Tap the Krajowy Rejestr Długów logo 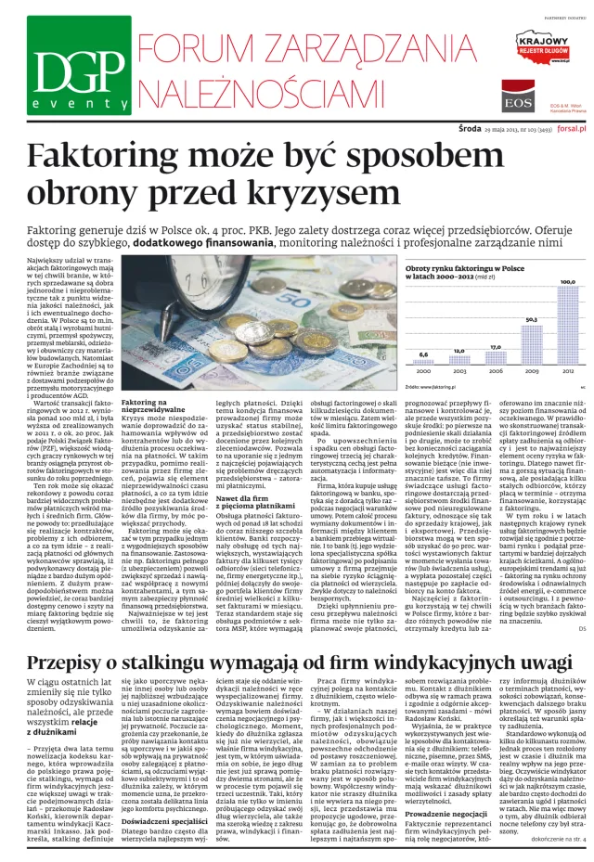click(542, 47)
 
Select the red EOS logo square click(516, 96)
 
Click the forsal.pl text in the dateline click(574, 131)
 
